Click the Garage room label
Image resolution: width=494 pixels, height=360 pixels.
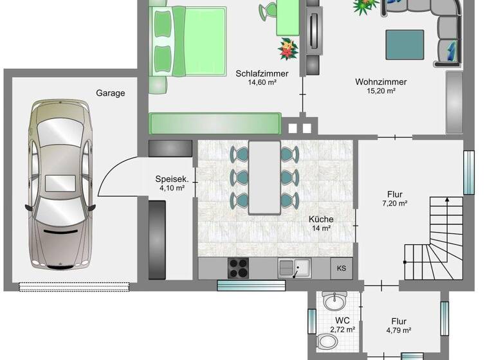point(111,93)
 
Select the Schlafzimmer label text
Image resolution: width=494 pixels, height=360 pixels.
point(262,73)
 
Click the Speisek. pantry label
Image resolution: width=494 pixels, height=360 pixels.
point(170,179)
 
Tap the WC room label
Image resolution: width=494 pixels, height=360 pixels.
point(342,320)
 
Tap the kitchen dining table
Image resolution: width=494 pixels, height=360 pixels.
point(264,177)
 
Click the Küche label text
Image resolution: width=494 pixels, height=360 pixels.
point(321,219)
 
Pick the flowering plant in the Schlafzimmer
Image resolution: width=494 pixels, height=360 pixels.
point(288,48)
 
